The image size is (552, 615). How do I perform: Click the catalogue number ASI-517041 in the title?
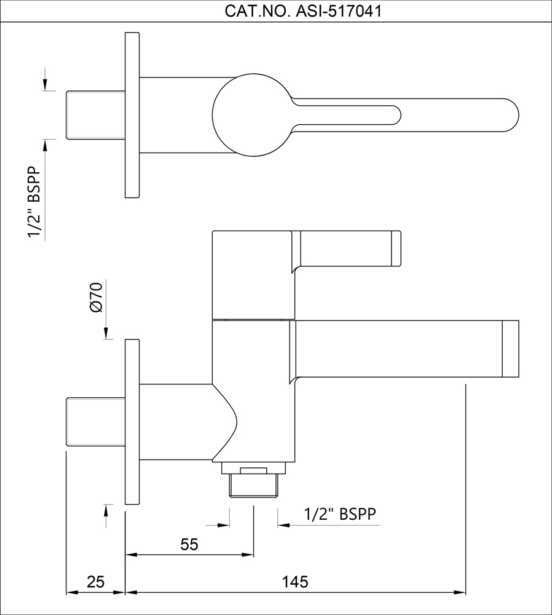338,11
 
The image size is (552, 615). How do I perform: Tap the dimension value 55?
189,544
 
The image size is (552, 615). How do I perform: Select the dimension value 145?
295,582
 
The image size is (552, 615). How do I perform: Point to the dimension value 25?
95,582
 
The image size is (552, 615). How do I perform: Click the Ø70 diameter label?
96,297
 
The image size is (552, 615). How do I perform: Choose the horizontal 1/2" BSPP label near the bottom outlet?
340,514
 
